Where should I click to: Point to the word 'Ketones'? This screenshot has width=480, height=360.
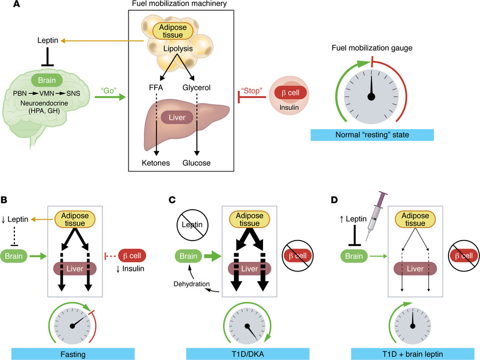pos(156,163)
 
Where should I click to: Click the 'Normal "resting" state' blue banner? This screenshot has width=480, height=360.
pos(371,134)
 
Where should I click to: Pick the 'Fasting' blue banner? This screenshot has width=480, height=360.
pos(73,354)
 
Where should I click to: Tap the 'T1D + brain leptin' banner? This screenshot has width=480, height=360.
pos(412,354)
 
